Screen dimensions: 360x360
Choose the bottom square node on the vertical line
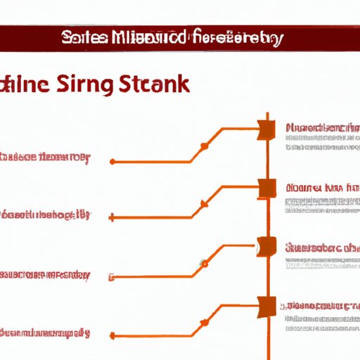266,304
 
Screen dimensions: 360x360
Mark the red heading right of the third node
322,247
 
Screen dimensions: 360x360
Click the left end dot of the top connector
112,162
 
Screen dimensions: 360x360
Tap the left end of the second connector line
112,219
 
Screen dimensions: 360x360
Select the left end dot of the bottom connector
112,335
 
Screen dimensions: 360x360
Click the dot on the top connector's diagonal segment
205,146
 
